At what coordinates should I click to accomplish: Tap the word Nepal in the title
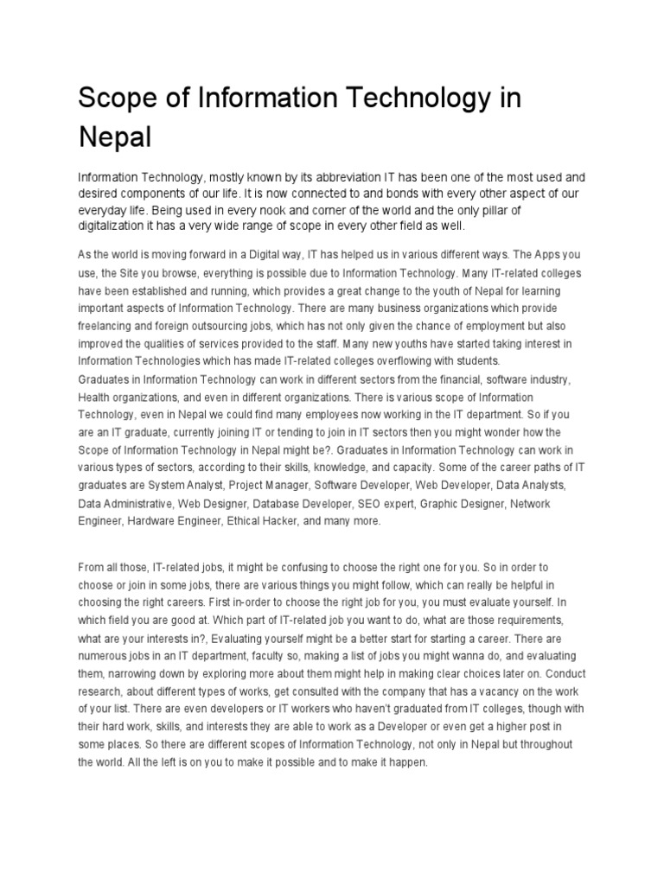115,137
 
